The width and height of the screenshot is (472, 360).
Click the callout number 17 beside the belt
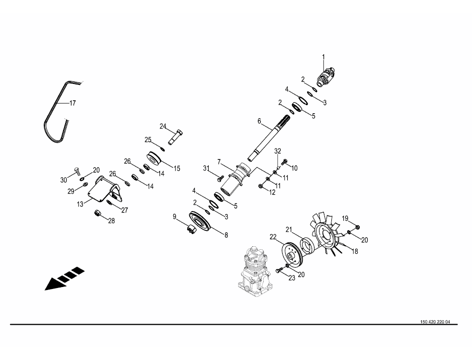[x=73, y=103]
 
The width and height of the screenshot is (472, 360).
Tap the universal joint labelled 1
[x=326, y=77]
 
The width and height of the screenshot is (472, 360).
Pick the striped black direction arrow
[x=65, y=279]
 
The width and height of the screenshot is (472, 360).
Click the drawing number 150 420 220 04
[x=435, y=322]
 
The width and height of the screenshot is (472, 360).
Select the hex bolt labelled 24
[x=175, y=137]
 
